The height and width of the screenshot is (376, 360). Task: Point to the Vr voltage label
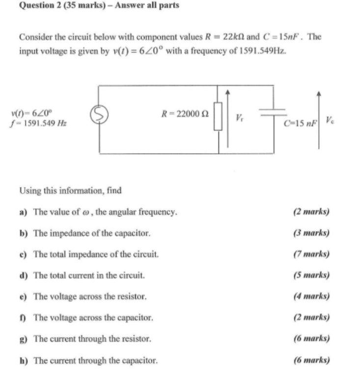pyautogui.click(x=239, y=118)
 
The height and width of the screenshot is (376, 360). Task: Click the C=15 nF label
pyautogui.click(x=301, y=123)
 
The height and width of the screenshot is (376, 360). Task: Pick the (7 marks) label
pyautogui.click(x=311, y=254)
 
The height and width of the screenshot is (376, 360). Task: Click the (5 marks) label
pyautogui.click(x=311, y=275)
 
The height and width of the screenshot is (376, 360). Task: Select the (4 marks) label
pyautogui.click(x=311, y=296)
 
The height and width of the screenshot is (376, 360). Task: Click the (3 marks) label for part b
pyautogui.click(x=311, y=233)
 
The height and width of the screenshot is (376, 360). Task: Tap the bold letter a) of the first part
pyautogui.click(x=23, y=212)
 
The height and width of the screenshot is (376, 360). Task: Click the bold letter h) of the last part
pyautogui.click(x=23, y=361)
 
